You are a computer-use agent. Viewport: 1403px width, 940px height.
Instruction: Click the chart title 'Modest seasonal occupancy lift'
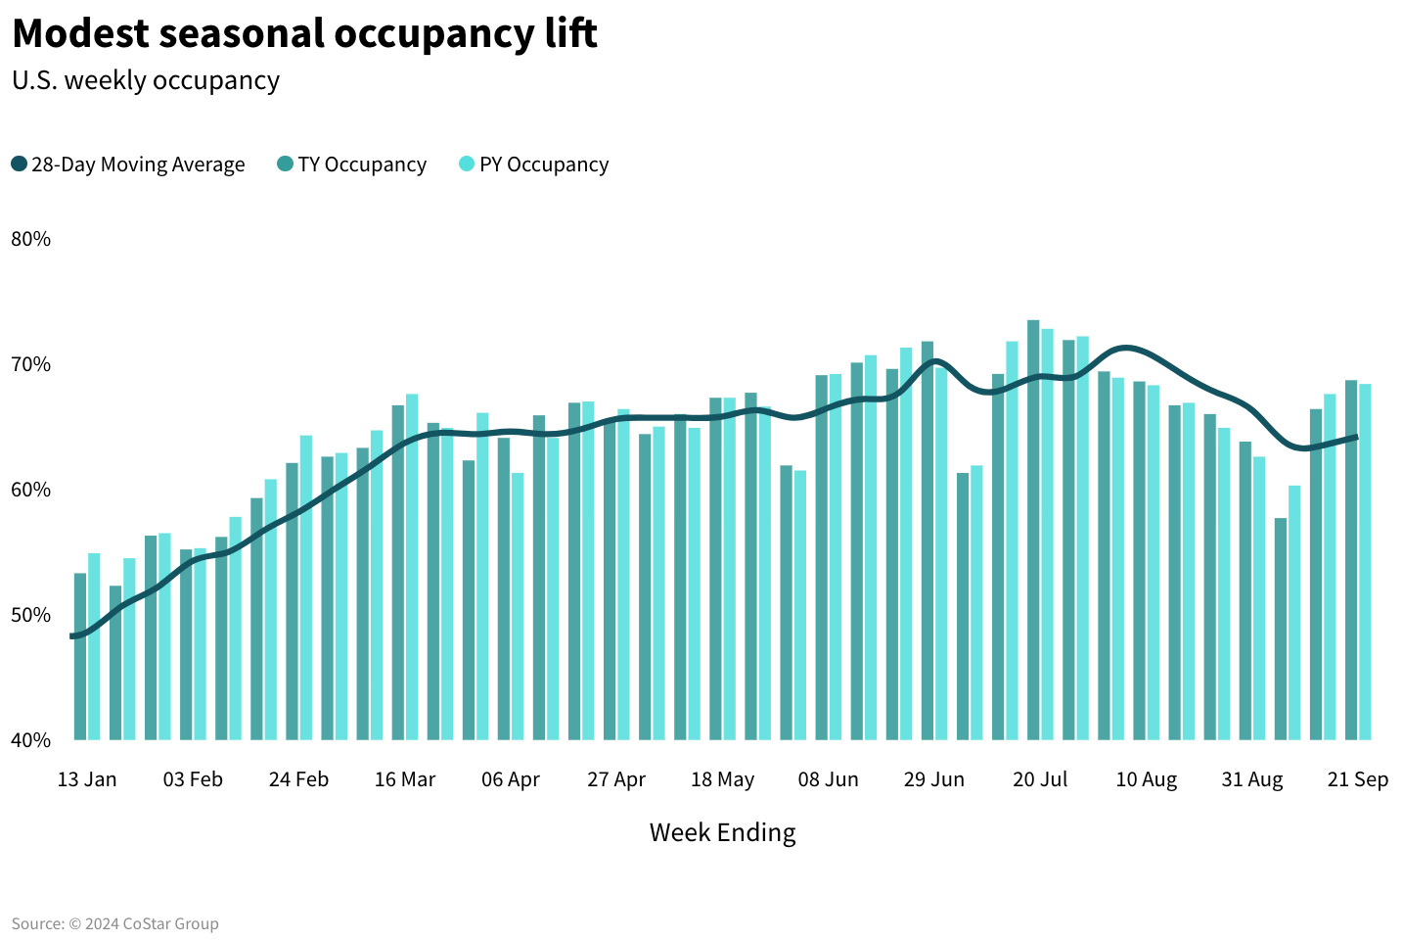(304, 34)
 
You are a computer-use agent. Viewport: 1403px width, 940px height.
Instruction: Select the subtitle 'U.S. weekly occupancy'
(146, 80)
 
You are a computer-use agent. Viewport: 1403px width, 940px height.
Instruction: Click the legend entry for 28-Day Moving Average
(128, 164)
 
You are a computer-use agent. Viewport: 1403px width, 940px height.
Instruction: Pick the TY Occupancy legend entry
(352, 164)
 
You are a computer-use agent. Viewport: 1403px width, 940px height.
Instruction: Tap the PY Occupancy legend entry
(534, 164)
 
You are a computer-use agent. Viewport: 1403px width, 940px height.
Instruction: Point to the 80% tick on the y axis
(30, 239)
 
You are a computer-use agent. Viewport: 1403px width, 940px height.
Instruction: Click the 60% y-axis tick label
(30, 490)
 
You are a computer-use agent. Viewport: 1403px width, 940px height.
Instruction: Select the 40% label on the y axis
(30, 740)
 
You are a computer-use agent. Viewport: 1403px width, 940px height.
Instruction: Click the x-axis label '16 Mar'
(405, 779)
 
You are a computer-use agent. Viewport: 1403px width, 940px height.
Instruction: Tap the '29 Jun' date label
(933, 779)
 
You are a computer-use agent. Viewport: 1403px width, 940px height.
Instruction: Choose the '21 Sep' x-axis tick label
(1357, 779)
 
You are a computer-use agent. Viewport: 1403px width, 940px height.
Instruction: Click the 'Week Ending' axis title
(722, 832)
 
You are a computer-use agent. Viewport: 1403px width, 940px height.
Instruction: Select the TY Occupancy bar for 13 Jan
(80, 656)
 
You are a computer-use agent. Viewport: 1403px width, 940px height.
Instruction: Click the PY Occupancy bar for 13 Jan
(94, 646)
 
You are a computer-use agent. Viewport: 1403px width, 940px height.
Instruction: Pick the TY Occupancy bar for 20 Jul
(1033, 529)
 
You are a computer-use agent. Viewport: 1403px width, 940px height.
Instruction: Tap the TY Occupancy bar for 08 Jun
(822, 557)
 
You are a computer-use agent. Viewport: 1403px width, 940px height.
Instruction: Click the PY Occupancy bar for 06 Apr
(518, 606)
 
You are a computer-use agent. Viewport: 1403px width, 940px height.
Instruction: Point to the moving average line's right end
(1356, 438)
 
